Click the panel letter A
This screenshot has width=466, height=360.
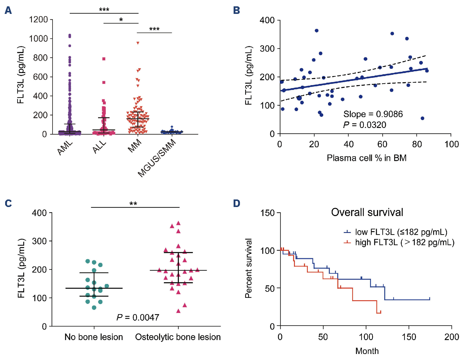tap(8, 11)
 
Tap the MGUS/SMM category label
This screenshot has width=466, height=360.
tap(157, 158)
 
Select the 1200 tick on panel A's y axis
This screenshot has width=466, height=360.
tap(38, 20)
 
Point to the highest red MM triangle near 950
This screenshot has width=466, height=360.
tap(138, 43)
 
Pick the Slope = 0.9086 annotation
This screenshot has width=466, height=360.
tap(373, 114)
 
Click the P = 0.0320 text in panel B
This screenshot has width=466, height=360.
tap(365, 125)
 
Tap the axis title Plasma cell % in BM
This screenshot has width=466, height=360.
tap(366, 158)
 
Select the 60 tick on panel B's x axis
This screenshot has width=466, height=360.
tap(382, 144)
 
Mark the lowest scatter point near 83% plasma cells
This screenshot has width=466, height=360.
tap(422, 118)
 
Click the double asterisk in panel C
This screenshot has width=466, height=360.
tap(133, 204)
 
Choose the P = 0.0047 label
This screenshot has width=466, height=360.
tap(138, 317)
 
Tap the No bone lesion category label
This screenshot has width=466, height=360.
tap(94, 337)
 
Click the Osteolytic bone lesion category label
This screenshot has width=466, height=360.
tap(178, 337)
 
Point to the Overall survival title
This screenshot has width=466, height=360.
tap(367, 212)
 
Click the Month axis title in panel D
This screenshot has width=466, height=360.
tap(367, 351)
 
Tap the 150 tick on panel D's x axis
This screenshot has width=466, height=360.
tap(409, 337)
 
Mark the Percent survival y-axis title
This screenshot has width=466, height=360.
tap(248, 268)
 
